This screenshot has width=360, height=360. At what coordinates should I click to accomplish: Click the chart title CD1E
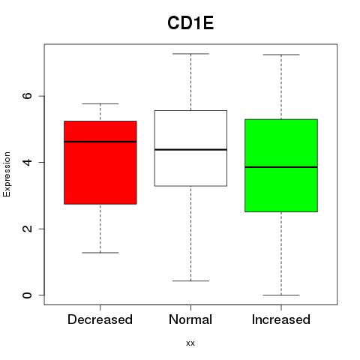190,23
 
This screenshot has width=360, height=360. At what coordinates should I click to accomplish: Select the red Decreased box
100,163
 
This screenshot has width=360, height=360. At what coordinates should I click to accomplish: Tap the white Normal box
190,148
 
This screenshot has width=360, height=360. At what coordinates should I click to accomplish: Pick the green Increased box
281,166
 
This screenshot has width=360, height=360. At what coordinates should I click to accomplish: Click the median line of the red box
100,142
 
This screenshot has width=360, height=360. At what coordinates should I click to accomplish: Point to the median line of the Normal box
190,150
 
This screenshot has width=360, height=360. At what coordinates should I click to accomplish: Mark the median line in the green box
281,167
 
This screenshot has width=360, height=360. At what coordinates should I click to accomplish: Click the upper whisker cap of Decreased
100,103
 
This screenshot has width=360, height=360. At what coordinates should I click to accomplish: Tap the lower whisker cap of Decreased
100,253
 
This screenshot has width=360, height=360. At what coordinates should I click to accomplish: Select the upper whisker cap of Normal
190,54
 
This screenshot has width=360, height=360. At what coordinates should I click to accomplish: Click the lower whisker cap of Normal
190,281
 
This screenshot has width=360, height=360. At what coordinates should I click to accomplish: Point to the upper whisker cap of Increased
281,55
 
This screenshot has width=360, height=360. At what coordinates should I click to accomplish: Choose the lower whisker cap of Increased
281,295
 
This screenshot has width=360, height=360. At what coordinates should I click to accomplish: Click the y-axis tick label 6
27,96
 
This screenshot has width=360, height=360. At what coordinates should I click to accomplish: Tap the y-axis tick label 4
27,162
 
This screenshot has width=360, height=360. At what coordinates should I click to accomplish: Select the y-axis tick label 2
27,229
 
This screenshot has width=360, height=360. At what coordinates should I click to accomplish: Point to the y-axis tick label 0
27,295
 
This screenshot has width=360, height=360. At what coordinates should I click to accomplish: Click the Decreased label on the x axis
100,319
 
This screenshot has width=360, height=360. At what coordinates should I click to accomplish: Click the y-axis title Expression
7,174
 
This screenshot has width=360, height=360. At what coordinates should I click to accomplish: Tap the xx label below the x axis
190,343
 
